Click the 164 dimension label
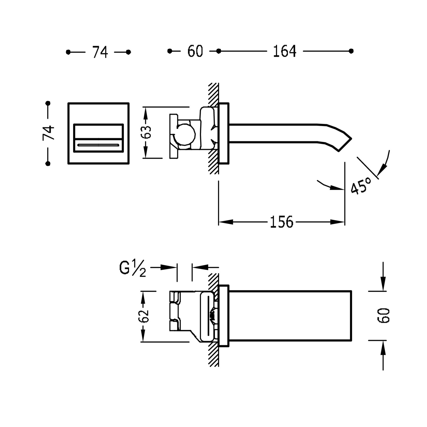click(x=284, y=52)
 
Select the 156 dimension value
click(x=281, y=222)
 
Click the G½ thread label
click(x=132, y=268)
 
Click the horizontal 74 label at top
click(x=100, y=52)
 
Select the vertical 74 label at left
click(x=48, y=133)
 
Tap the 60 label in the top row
click(x=195, y=52)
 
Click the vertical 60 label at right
click(x=383, y=315)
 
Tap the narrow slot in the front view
click(x=98, y=145)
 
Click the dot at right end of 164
click(x=351, y=51)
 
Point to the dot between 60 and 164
click(x=218, y=51)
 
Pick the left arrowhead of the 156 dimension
click(x=225, y=222)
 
